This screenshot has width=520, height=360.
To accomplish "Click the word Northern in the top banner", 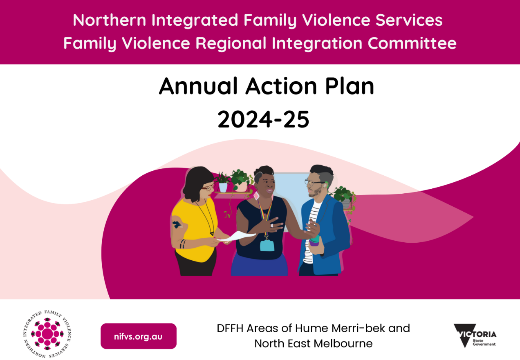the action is click(x=109, y=20).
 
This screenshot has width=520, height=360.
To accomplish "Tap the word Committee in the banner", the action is click(x=412, y=43).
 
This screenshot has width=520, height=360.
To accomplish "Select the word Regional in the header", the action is click(x=231, y=44).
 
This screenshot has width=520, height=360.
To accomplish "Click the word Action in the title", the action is click(x=281, y=86).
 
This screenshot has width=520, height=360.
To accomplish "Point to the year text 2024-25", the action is click(x=264, y=120).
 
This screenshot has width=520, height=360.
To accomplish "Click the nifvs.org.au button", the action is click(x=138, y=336).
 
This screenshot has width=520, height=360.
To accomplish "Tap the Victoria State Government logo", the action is click(x=475, y=335).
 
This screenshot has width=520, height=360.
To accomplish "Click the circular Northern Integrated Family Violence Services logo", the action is click(x=47, y=334).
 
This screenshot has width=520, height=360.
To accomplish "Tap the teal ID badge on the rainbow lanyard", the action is click(x=267, y=245).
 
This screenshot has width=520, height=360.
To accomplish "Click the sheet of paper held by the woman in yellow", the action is click(x=237, y=236).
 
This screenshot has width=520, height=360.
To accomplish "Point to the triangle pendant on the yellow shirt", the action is click(x=212, y=233).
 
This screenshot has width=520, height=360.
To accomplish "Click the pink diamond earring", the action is click(x=256, y=196).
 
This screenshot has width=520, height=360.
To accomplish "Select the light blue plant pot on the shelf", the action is click(x=223, y=187).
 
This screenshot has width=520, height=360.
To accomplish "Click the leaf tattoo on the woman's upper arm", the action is click(x=177, y=224).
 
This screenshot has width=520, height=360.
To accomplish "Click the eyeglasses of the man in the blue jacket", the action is click(x=313, y=182).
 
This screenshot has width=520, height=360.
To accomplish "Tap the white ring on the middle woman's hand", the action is click(x=272, y=226).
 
